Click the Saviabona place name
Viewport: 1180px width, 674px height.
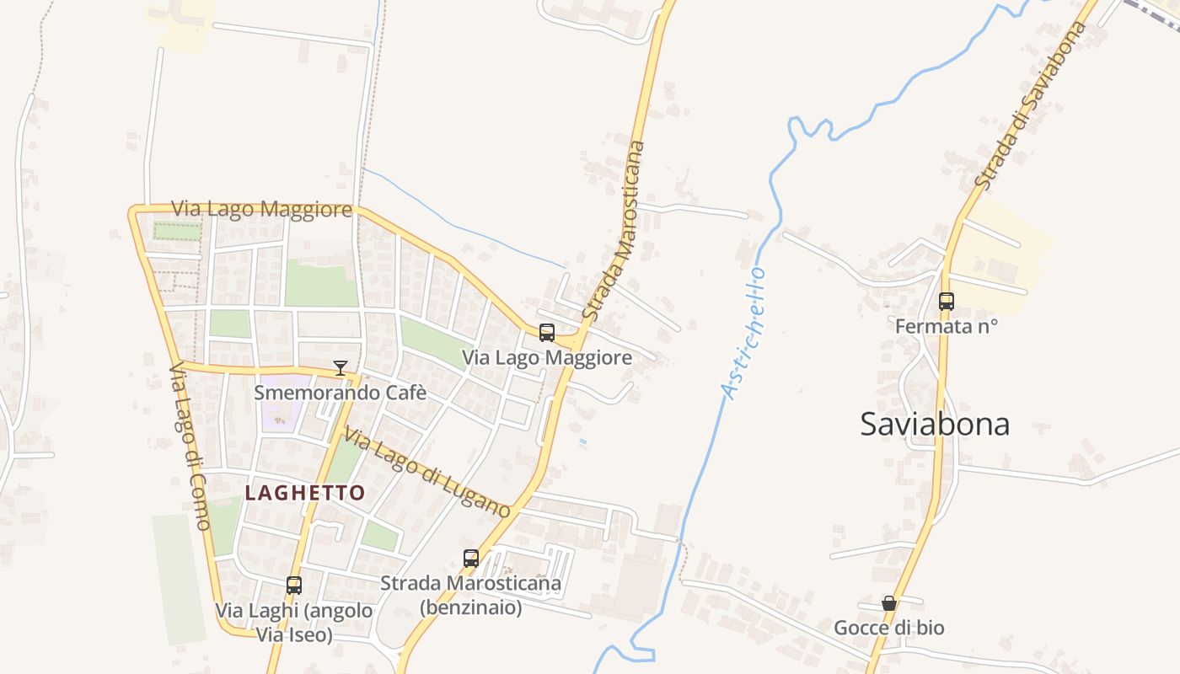click(x=935, y=424)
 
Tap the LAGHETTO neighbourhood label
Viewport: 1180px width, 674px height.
click(x=305, y=493)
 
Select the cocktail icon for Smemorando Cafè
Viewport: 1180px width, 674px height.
click(x=341, y=368)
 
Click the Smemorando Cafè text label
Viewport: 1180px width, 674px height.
click(x=341, y=393)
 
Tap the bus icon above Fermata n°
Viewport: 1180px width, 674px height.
click(x=947, y=302)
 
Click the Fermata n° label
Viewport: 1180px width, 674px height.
click(x=947, y=326)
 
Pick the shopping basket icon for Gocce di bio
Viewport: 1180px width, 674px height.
click(x=889, y=603)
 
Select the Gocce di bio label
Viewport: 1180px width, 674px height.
click(x=889, y=628)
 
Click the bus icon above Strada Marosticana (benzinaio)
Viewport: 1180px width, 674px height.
click(x=471, y=558)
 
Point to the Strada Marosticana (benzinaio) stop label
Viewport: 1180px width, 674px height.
click(x=470, y=594)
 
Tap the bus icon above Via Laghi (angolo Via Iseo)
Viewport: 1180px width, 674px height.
click(x=294, y=586)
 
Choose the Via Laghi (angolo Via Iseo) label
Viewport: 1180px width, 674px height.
click(x=294, y=622)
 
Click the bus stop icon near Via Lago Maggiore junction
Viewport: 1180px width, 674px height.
click(x=547, y=333)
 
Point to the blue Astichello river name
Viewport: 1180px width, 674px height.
click(x=743, y=334)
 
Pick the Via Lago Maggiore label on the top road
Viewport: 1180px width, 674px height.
click(x=261, y=209)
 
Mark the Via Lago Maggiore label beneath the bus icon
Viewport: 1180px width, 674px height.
click(x=547, y=358)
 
